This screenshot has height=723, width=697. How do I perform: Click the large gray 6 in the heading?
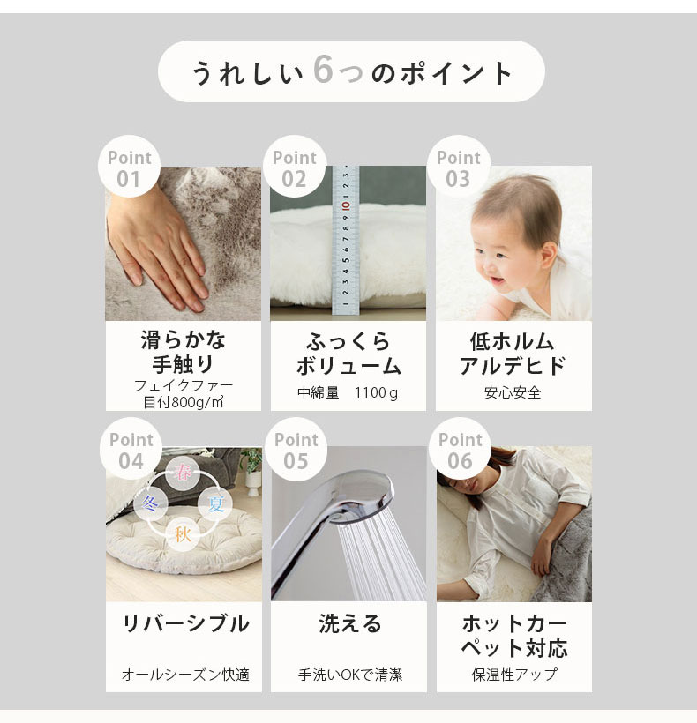[x=323, y=70]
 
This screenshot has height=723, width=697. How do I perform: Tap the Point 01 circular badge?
[x=129, y=167]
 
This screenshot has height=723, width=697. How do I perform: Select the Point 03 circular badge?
[x=459, y=167]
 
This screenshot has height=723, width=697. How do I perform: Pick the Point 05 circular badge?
[x=296, y=449]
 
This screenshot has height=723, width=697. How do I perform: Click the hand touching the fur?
[x=157, y=249]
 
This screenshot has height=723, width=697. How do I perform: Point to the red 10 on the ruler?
[x=346, y=205]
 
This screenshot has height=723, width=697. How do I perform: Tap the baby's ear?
[x=549, y=252]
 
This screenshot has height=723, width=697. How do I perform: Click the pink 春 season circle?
[x=184, y=473]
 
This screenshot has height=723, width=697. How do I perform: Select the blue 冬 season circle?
[x=150, y=503]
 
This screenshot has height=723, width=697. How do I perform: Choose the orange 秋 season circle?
[x=183, y=534]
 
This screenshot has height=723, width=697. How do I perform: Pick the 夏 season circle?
[x=215, y=503]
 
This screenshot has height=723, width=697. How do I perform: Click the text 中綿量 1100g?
[x=348, y=393]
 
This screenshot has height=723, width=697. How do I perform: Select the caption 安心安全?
[x=513, y=393]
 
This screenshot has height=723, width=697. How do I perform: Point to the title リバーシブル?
[x=185, y=623]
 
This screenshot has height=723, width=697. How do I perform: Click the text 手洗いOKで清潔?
[x=350, y=675]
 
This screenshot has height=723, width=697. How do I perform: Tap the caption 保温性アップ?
[x=513, y=675]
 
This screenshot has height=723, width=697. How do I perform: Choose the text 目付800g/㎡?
[x=184, y=403]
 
